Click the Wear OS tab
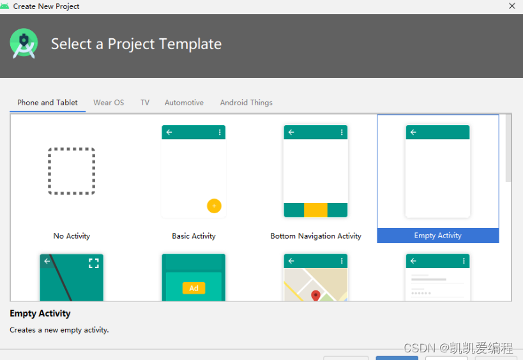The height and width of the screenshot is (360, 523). [x=109, y=103]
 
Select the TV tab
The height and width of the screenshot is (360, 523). [x=145, y=103]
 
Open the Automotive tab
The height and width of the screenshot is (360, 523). [x=184, y=103]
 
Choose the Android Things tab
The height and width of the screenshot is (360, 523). [x=246, y=103]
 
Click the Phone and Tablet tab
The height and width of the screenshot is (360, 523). [x=47, y=103]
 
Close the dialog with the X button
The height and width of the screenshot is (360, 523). [x=512, y=6]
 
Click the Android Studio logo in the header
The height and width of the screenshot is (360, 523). [x=24, y=43]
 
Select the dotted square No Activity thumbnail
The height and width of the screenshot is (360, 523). [x=72, y=171]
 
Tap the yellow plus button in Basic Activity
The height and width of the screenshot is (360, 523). [x=214, y=206]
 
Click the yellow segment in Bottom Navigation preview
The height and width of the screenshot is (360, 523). [x=315, y=210]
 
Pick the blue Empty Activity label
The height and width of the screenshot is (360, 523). [x=438, y=236]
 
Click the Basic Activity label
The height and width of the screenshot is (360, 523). [x=193, y=236]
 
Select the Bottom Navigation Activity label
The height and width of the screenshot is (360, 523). [x=316, y=236]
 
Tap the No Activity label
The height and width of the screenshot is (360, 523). [x=72, y=236]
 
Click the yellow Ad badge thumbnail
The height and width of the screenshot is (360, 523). [x=193, y=288]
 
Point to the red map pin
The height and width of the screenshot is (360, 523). [x=315, y=296]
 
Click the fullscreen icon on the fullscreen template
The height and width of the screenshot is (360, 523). [x=94, y=264]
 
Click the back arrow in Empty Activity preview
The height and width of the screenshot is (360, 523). [x=413, y=132]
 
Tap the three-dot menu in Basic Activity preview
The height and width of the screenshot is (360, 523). [x=220, y=132]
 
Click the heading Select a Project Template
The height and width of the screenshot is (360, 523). [x=137, y=44]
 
